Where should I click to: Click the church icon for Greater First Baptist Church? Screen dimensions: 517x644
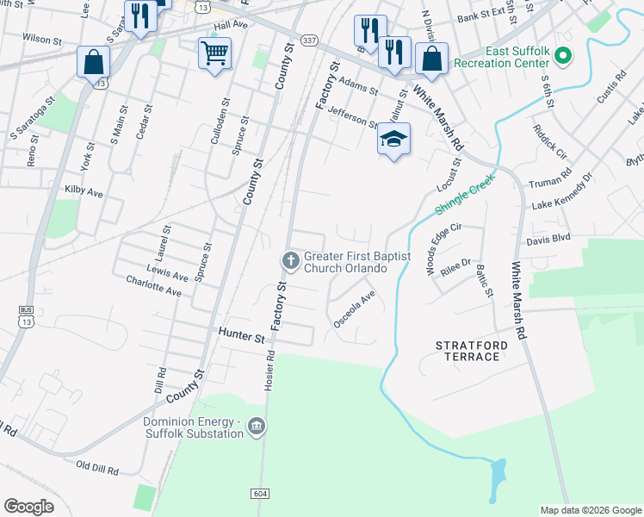pyautogui.click(x=291, y=259)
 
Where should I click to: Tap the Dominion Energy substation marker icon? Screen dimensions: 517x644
pyautogui.click(x=256, y=426)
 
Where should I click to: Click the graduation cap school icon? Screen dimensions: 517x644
pyautogui.click(x=393, y=140)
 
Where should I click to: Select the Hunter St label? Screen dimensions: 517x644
pyautogui.click(x=241, y=338)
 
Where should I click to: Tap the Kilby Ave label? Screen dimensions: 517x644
pyautogui.click(x=84, y=190)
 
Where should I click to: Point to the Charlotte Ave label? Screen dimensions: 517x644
pyautogui.click(x=153, y=286)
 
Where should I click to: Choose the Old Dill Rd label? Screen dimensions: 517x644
pyautogui.click(x=96, y=466)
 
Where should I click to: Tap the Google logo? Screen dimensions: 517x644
pyautogui.click(x=29, y=507)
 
